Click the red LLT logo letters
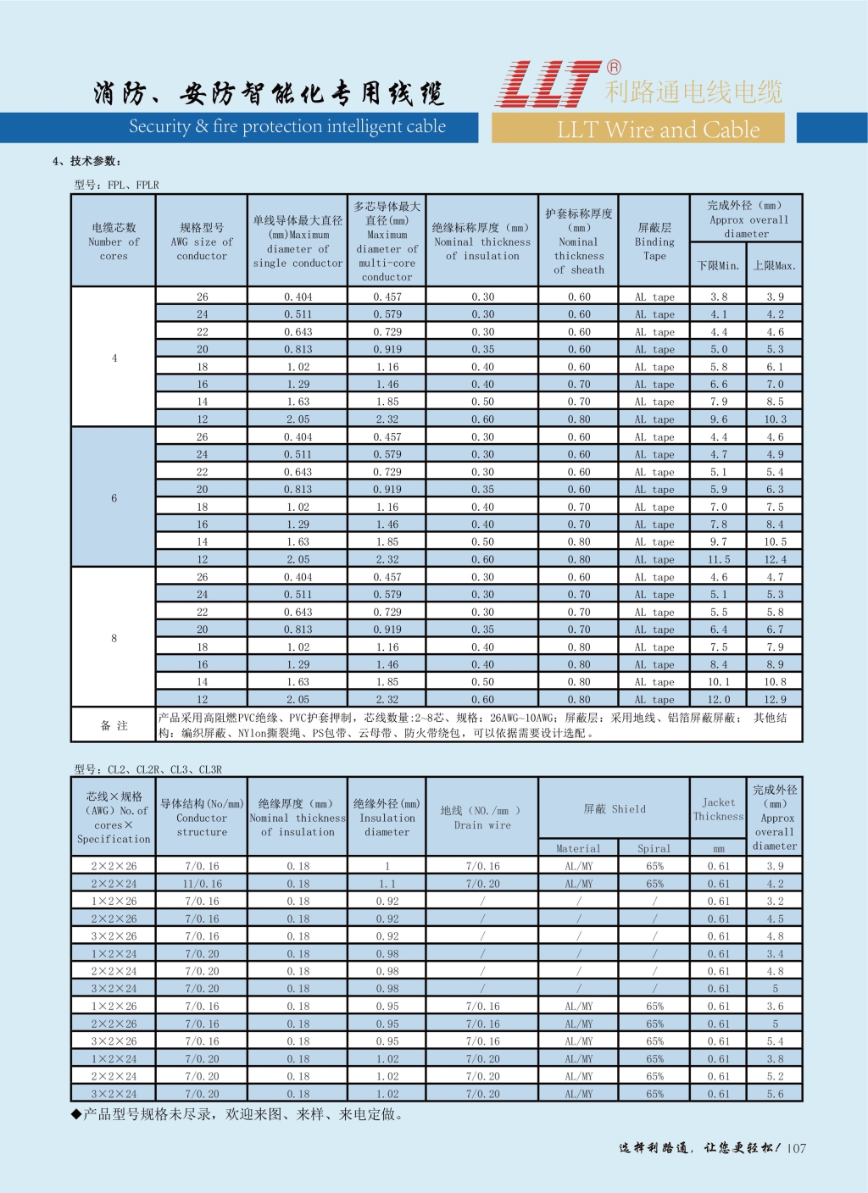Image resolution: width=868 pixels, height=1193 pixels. pyautogui.click(x=548, y=85)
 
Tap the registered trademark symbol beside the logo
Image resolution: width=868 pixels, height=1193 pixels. pyautogui.click(x=614, y=68)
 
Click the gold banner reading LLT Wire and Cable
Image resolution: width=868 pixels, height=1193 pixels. pyautogui.click(x=658, y=129)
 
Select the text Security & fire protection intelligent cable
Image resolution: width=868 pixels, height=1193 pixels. pyautogui.click(x=287, y=127)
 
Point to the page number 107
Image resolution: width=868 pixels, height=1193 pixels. pyautogui.click(x=797, y=1148)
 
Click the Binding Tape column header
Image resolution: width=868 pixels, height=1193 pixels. pyautogui.click(x=654, y=241)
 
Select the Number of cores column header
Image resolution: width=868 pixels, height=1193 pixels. pyautogui.click(x=114, y=241)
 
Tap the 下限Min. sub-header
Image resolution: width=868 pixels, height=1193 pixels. pyautogui.click(x=718, y=266)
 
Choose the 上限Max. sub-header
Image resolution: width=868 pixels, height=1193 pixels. pyautogui.click(x=775, y=266)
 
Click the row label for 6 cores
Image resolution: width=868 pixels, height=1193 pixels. pyautogui.click(x=114, y=498)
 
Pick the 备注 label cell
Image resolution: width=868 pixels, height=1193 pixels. pyautogui.click(x=114, y=725)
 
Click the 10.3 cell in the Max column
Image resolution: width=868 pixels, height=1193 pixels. pyautogui.click(x=775, y=419)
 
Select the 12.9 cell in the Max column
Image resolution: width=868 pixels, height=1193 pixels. pyautogui.click(x=775, y=700)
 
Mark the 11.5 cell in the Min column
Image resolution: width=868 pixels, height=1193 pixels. pyautogui.click(x=719, y=559)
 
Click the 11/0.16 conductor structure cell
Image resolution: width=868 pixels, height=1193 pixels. pyautogui.click(x=202, y=884)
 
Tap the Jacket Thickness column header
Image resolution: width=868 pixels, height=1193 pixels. pyautogui.click(x=718, y=809)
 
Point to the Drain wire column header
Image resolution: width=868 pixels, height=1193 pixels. pyautogui.click(x=482, y=818)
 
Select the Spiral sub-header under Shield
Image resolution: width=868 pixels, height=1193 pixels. pyautogui.click(x=654, y=848)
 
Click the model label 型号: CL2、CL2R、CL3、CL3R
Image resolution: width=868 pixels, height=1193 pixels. pyautogui.click(x=147, y=769)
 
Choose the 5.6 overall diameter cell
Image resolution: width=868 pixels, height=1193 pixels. pyautogui.click(x=775, y=1094)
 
